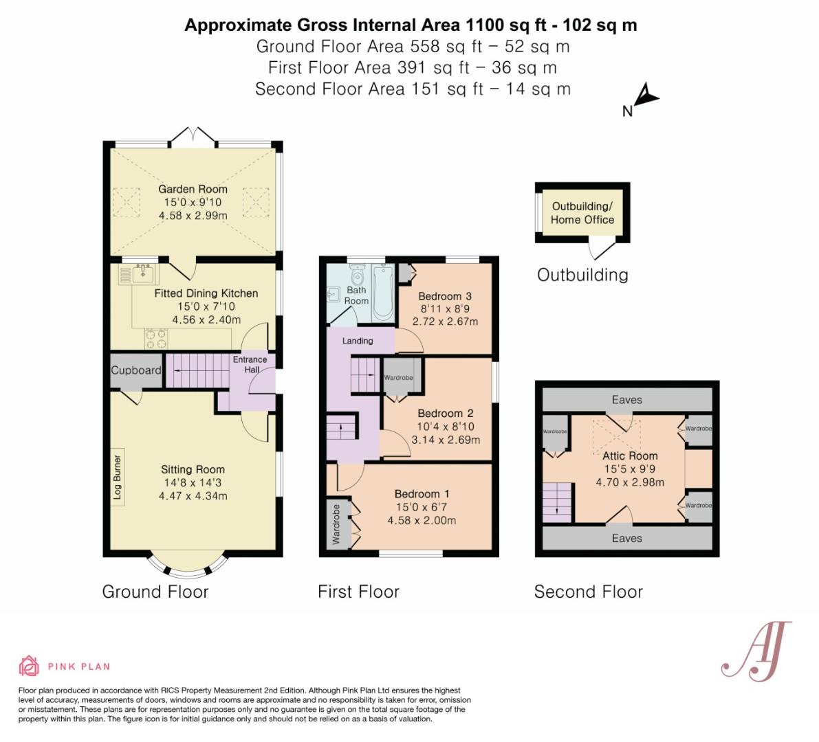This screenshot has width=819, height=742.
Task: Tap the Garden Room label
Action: [193, 189]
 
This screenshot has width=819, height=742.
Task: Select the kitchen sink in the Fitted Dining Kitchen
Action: [144, 275]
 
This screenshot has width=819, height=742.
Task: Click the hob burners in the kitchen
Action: [156, 338]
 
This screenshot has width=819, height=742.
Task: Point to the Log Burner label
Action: [117, 477]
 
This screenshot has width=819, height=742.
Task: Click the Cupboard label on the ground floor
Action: [136, 370]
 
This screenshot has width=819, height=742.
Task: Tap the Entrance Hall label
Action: [250, 364]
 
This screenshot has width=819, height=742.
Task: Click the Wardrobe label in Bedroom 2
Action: [398, 378]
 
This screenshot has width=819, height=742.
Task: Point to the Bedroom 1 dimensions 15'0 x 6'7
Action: [422, 507]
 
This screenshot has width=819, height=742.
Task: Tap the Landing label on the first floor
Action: [358, 341]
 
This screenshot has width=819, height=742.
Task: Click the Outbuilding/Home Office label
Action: [582, 213]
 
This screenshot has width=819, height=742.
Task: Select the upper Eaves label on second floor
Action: [626, 400]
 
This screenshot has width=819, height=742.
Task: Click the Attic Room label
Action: [630, 456]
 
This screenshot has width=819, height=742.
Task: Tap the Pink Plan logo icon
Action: [29, 666]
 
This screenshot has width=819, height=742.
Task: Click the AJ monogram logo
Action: [756, 651]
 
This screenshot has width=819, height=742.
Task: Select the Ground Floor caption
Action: [155, 592]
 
